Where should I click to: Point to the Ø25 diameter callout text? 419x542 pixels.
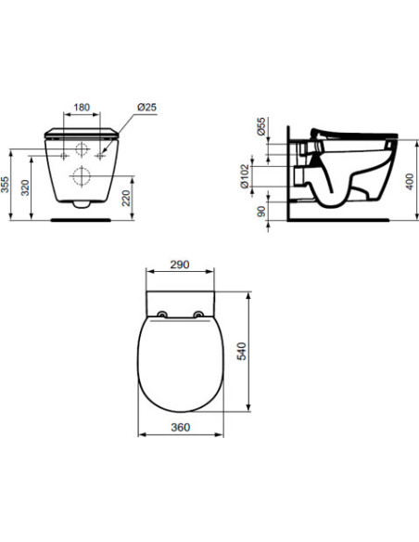pyautogui.click(x=146, y=108)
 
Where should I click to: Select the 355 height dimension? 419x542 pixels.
pyautogui.click(x=8, y=186)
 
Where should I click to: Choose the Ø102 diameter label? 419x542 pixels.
pyautogui.click(x=244, y=174)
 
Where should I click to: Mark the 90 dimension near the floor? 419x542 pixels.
pyautogui.click(x=260, y=211)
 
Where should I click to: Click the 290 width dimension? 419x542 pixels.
pyautogui.click(x=180, y=265)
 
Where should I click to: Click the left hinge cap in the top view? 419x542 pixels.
pyautogui.click(x=163, y=315)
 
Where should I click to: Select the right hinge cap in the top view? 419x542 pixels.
pyautogui.click(x=198, y=315)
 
